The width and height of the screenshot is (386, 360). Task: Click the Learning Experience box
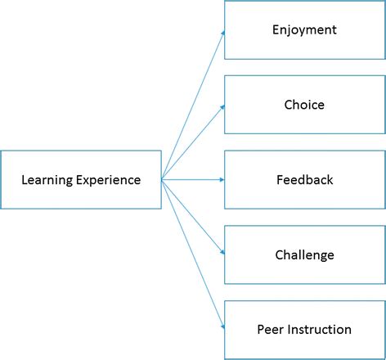click(81, 179)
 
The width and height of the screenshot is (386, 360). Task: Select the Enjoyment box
click(304, 30)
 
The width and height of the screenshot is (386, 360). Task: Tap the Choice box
click(304, 105)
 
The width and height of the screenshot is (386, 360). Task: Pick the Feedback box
click(304, 179)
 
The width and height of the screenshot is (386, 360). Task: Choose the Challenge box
click(304, 254)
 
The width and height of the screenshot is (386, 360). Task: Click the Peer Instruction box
click(304, 329)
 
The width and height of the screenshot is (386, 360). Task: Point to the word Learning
click(47, 180)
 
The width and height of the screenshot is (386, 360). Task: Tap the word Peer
click(269, 330)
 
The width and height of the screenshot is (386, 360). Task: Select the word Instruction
click(318, 330)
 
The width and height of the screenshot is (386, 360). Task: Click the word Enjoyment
click(304, 30)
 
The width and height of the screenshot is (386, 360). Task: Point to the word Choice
click(304, 105)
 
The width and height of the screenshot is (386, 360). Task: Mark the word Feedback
click(304, 179)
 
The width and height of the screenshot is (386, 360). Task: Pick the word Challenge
click(304, 254)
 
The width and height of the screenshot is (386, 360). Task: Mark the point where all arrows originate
click(162, 179)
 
